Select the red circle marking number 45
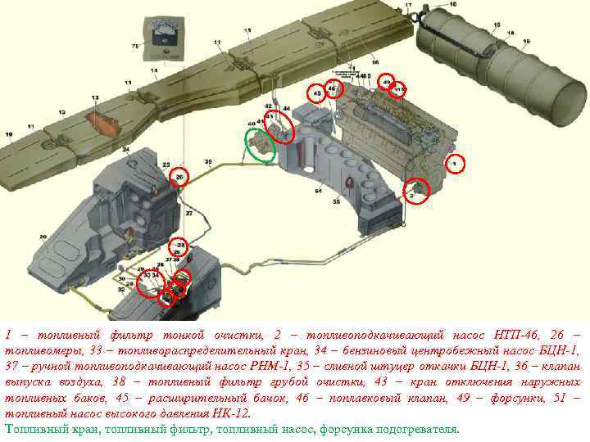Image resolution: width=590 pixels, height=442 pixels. tap(317, 94)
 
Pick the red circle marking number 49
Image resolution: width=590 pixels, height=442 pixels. tap(387, 80)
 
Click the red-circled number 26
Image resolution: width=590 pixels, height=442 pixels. tap(179, 176)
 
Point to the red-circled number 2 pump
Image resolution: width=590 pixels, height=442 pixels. tap(417, 191)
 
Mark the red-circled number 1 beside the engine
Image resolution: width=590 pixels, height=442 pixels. tap(456, 165)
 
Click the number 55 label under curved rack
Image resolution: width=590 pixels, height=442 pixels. tap(336, 201)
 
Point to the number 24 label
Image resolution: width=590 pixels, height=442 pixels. tap(125, 150)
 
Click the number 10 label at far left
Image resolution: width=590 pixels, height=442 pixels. tap(8, 134)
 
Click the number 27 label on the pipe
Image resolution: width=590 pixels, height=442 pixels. tap(188, 214)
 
